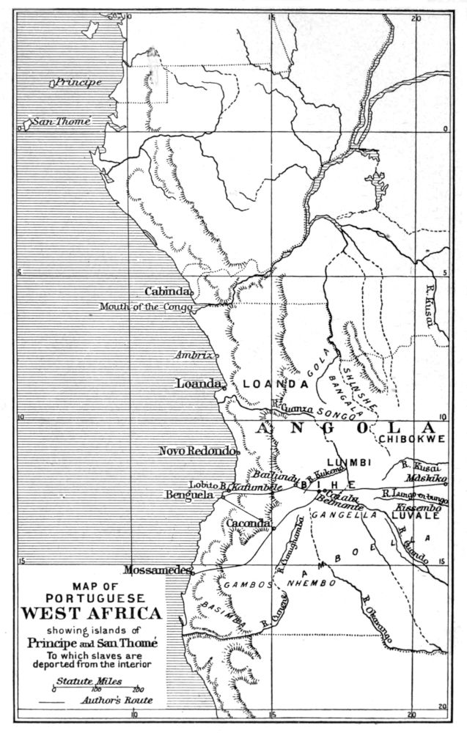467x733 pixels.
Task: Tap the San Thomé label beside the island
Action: (x=65, y=122)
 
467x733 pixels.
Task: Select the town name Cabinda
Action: (x=169, y=290)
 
